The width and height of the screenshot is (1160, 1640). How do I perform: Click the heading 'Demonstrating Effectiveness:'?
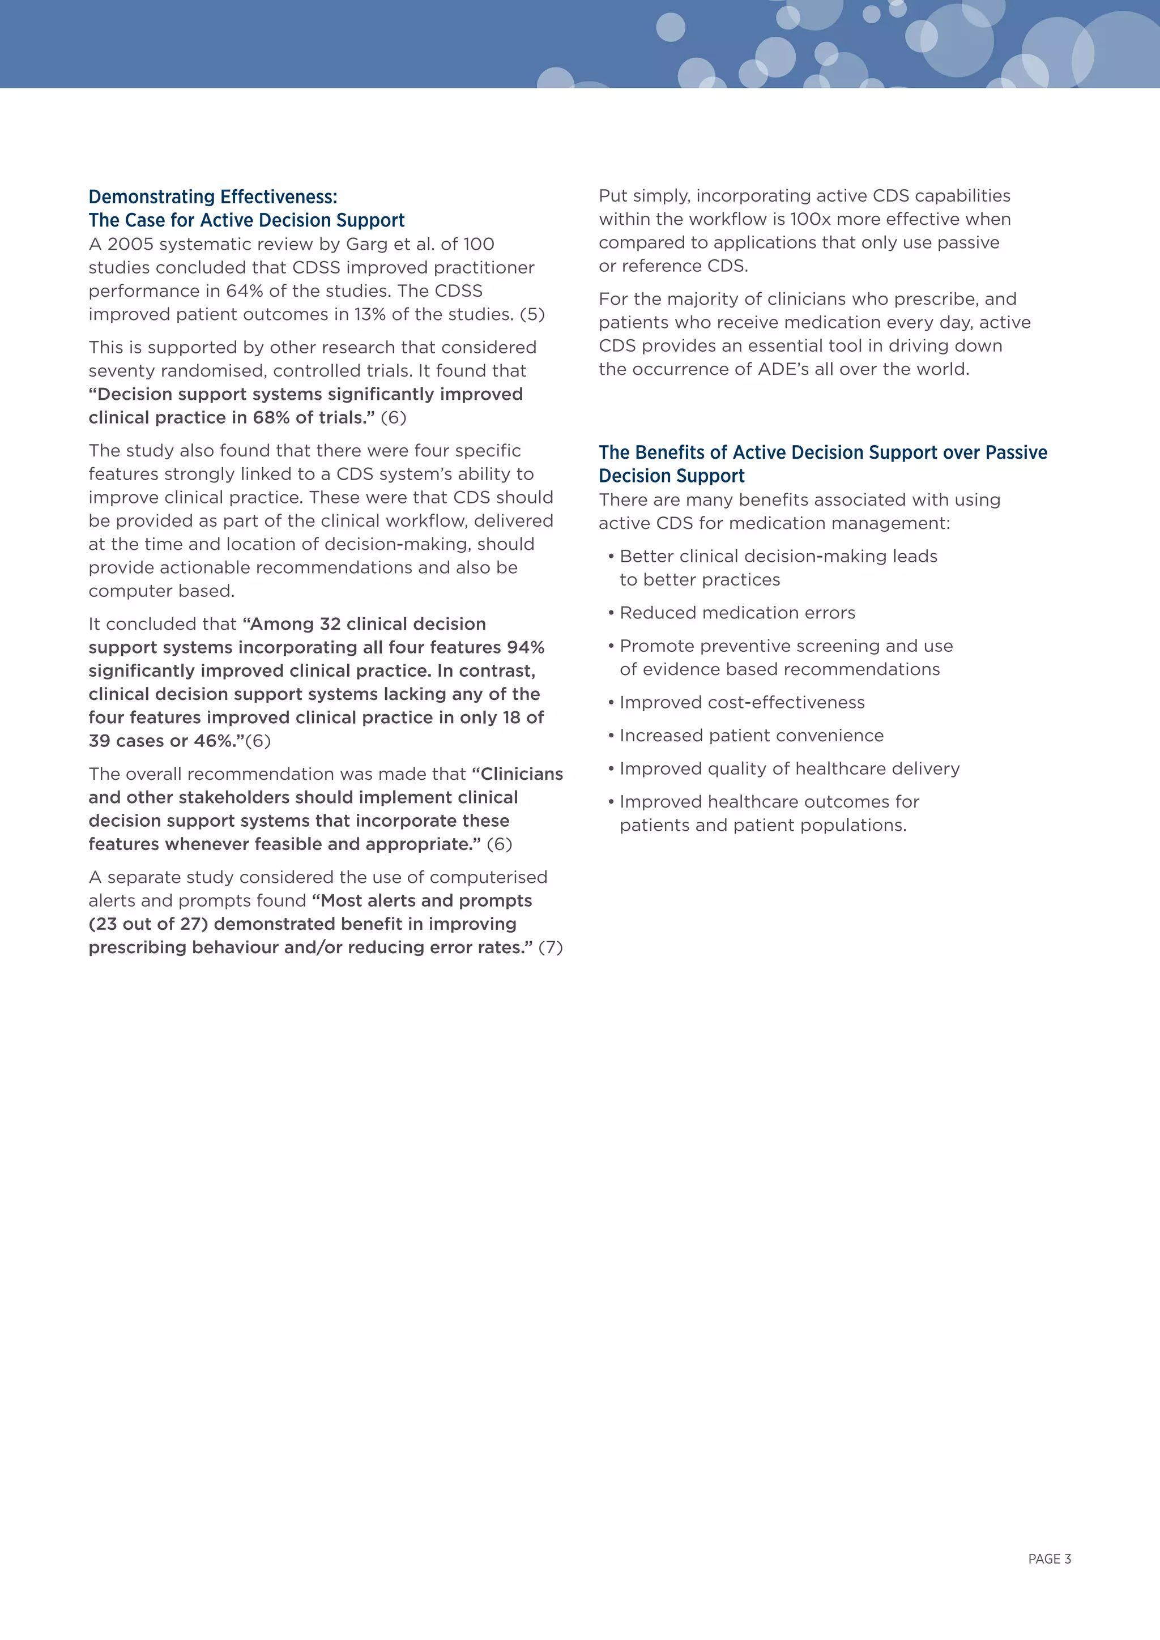(x=213, y=197)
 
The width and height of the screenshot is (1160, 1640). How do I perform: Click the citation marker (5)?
(x=532, y=314)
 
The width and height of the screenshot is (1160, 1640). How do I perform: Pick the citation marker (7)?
(x=550, y=948)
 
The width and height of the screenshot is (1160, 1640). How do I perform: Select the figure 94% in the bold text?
(x=526, y=647)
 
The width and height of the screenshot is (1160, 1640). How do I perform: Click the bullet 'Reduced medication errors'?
(x=737, y=613)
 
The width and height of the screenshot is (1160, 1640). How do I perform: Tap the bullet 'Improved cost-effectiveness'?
(x=741, y=703)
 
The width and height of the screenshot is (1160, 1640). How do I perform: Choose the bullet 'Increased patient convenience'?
(x=752, y=736)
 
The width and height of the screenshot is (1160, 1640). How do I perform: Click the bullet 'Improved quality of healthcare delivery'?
(x=789, y=768)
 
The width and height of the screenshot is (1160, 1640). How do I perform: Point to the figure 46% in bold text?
(x=214, y=741)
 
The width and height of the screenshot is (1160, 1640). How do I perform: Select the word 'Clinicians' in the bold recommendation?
(x=522, y=774)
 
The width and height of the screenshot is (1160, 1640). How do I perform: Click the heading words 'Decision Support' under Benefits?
(x=671, y=476)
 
